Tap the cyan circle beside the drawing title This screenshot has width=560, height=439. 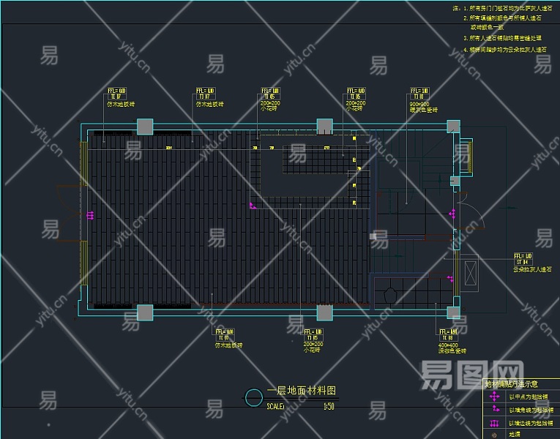253,397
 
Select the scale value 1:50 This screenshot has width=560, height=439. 328,407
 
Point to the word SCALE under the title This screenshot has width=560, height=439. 275,407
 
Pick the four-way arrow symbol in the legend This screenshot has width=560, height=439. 495,397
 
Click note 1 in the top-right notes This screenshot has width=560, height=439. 504,7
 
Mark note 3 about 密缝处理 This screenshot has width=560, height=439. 505,37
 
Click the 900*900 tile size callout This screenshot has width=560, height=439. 419,104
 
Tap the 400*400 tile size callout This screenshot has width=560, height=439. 449,344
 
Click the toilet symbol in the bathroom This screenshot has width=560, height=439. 389,294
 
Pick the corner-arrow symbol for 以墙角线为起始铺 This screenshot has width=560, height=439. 495,410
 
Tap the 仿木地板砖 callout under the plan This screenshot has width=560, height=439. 228,344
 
